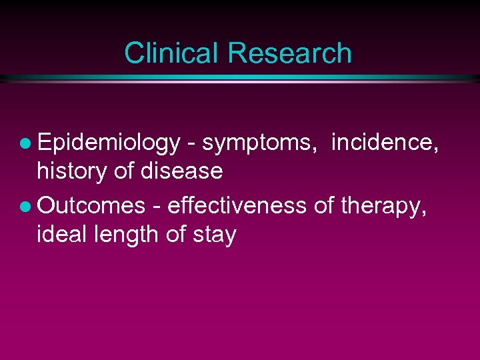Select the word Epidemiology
109,142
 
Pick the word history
73,171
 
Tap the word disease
181,171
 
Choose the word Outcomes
91,205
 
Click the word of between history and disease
125,171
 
